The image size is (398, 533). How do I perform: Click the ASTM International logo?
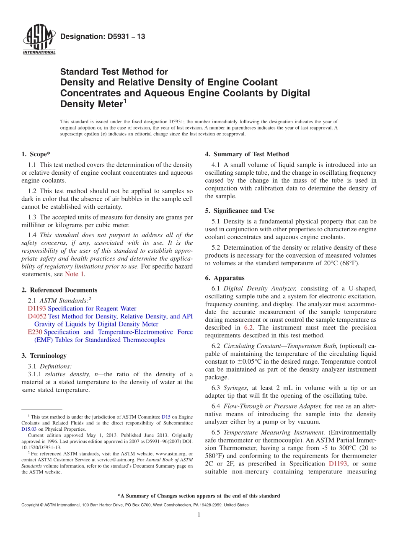pos(39,39)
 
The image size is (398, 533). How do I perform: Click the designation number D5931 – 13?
pos(103,36)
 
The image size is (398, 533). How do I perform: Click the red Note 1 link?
pos(75,274)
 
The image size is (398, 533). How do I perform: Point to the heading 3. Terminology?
pos(44,356)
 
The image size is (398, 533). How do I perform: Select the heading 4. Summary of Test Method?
pos(247,154)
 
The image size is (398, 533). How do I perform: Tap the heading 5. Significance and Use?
pos(240,211)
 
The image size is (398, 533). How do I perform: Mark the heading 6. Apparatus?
pos(225,278)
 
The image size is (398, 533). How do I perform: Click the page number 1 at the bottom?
pos(199,515)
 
